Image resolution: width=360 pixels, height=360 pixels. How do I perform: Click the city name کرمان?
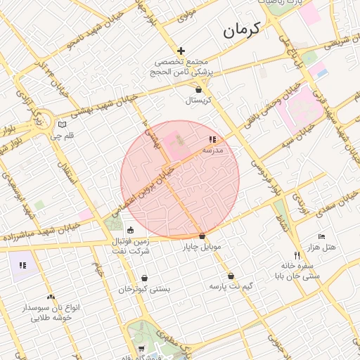(240, 30)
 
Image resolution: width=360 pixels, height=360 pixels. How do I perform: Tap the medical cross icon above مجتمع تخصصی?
(181, 51)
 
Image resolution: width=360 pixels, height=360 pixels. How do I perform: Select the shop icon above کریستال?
(198, 89)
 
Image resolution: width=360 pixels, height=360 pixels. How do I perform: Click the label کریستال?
(198, 101)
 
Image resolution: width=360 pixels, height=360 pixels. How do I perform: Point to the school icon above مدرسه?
(212, 140)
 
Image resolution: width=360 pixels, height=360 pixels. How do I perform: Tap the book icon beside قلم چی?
(62, 124)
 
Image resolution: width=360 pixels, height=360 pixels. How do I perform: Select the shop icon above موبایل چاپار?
(202, 236)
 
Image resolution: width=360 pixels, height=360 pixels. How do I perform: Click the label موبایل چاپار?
(202, 247)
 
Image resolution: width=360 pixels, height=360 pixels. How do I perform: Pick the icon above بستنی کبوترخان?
(144, 278)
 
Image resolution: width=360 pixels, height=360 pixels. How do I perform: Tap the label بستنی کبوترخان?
(144, 289)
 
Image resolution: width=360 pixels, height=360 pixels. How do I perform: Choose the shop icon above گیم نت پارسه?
(231, 276)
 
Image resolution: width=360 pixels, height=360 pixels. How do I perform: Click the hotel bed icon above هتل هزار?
(322, 236)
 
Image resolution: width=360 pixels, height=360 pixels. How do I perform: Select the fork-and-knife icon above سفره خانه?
(297, 255)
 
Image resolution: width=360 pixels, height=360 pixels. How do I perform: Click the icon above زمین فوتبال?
(130, 230)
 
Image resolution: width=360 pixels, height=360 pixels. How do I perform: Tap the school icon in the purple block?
(22, 265)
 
